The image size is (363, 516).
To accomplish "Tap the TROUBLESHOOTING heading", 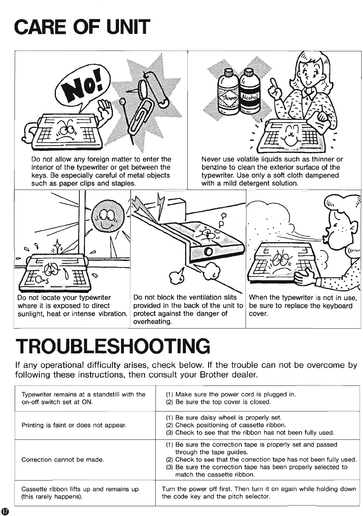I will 113,346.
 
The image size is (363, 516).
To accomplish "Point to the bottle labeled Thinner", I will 228,92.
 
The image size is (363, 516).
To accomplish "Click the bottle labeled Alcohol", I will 249,92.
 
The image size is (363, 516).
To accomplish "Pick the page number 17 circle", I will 5,511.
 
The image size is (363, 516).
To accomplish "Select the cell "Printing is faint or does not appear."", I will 74,425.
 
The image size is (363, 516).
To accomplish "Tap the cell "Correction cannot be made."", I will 63,459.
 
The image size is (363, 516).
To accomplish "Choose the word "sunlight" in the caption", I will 31,313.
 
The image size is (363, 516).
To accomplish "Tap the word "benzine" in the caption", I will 213,167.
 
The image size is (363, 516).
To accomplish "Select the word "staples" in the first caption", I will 123,183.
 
